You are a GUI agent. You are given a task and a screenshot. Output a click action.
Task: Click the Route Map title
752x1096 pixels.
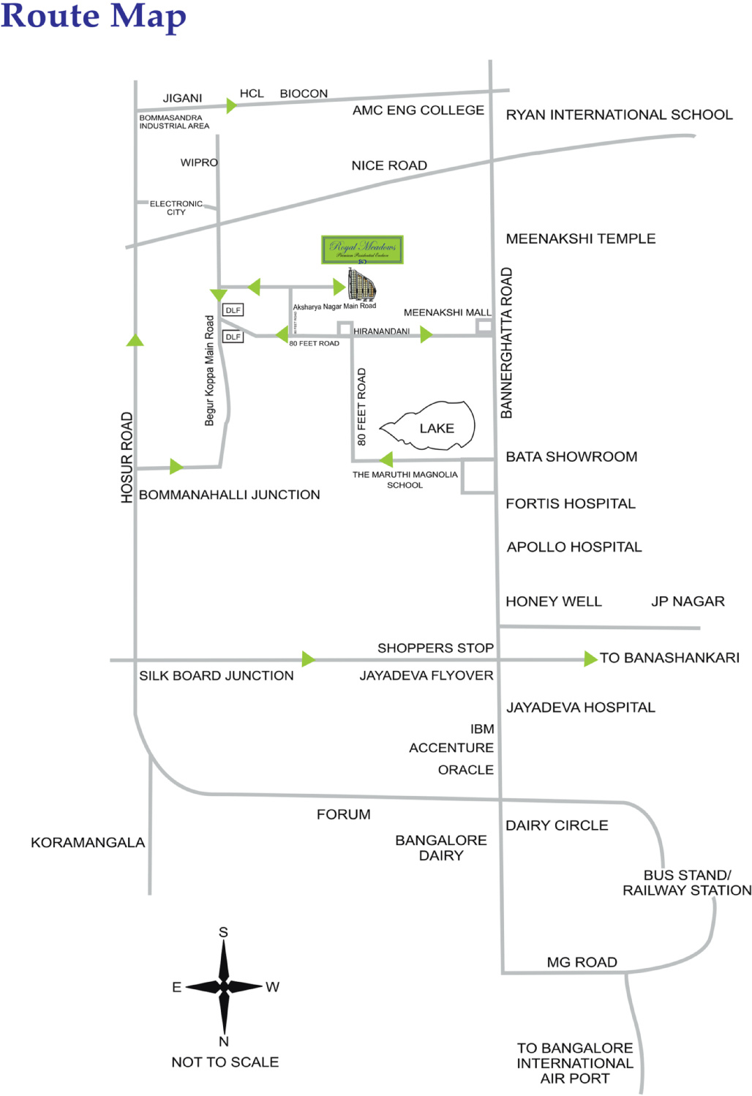(94, 16)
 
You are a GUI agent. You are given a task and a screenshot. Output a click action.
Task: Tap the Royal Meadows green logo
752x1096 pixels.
(362, 249)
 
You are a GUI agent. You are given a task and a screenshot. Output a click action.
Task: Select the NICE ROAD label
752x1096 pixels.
(389, 165)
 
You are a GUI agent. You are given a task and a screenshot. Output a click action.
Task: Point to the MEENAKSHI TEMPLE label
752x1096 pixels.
(580, 239)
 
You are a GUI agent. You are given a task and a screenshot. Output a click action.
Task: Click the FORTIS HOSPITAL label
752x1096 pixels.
(571, 503)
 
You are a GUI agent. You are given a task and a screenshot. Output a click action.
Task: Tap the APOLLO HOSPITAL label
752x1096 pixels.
(574, 547)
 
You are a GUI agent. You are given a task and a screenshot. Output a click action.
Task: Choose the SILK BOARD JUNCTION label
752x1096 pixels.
(217, 675)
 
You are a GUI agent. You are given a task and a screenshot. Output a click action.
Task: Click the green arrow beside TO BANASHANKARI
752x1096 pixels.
(590, 658)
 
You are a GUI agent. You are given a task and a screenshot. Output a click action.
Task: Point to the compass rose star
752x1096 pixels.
(224, 986)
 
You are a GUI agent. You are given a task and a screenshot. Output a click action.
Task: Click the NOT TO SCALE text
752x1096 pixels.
(225, 1062)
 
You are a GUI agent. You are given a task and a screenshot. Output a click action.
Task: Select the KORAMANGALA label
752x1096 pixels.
(88, 842)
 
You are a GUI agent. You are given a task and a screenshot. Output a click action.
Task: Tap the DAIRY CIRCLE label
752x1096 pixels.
(557, 825)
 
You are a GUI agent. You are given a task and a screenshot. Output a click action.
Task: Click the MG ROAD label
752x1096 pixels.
(582, 962)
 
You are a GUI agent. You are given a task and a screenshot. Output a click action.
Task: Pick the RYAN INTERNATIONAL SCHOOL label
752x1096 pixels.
(619, 115)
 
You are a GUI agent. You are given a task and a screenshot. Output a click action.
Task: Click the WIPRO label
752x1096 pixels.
(199, 162)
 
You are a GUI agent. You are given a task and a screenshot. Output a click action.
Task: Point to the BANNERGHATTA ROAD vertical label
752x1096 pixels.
(506, 343)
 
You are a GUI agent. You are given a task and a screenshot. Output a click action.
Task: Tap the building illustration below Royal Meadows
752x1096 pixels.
(362, 284)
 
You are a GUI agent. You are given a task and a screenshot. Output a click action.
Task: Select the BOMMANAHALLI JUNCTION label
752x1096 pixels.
(230, 495)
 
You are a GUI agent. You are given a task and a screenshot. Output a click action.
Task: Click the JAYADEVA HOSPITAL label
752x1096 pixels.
(581, 707)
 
